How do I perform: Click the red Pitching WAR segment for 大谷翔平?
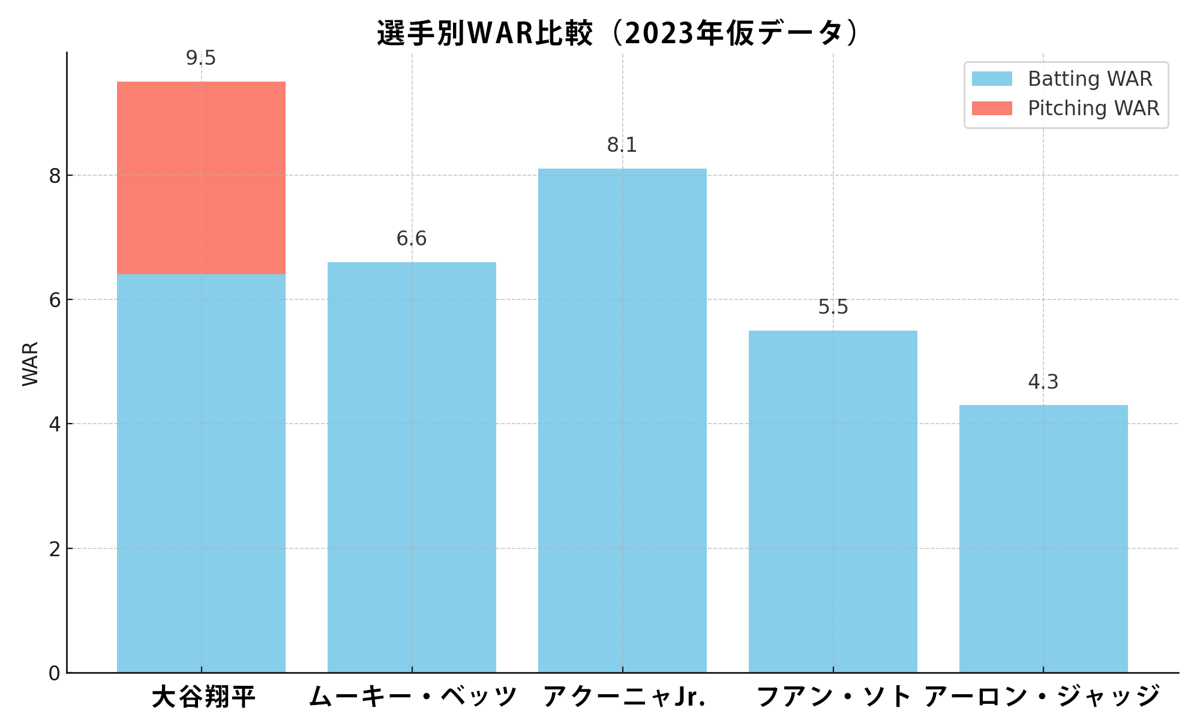tap(201, 178)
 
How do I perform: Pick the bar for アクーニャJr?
tap(622, 420)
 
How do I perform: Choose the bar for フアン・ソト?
tap(833, 501)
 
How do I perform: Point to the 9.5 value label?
tap(201, 58)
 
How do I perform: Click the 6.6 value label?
tap(412, 239)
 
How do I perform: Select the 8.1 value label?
tap(622, 145)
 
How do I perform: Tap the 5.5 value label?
tap(833, 307)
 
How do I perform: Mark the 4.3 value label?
tap(1043, 382)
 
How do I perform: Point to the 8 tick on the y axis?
tap(55, 176)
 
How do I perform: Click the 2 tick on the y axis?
tap(55, 549)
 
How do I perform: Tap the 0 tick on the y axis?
tap(55, 673)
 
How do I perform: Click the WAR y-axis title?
tap(30, 364)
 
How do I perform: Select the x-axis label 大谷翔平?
tap(203, 697)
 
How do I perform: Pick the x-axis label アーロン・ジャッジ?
tap(1042, 697)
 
